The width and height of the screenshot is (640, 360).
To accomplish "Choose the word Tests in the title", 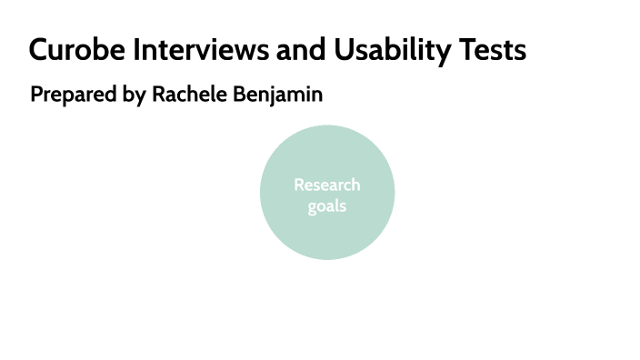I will click(x=495, y=50).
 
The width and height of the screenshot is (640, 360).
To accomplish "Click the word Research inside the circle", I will click(x=327, y=185).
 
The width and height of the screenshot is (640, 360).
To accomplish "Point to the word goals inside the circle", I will click(x=326, y=205).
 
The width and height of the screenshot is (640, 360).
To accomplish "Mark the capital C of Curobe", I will click(x=39, y=50).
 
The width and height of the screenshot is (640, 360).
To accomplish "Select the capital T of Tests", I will click(x=469, y=50).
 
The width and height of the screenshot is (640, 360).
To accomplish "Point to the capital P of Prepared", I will click(x=36, y=94).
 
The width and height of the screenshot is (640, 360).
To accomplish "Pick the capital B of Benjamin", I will click(x=241, y=94).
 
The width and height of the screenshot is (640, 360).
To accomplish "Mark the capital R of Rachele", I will click(x=158, y=94).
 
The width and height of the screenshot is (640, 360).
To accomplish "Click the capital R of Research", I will click(x=299, y=185).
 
